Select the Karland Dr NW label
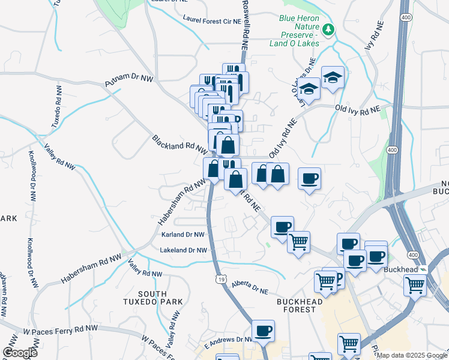click(x=182, y=235)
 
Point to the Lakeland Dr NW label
click(x=183, y=250)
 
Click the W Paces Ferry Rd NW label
click(x=61, y=329)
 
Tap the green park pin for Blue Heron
click(x=328, y=29)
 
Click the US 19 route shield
click(x=221, y=278)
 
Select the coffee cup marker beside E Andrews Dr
click(x=262, y=331)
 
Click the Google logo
click(x=20, y=352)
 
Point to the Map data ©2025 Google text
click(x=412, y=355)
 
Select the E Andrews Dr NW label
click(x=229, y=340)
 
